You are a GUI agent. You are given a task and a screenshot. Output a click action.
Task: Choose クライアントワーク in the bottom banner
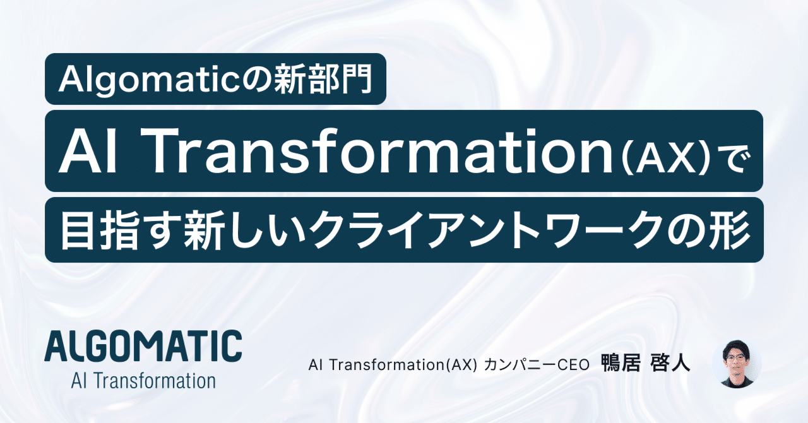coord(506,230)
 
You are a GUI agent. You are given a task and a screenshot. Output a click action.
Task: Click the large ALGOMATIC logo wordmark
coord(144,346)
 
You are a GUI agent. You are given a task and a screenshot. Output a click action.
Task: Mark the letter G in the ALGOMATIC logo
coord(105,346)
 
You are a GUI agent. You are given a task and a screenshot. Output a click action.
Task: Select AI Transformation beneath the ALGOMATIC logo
coord(144,381)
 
